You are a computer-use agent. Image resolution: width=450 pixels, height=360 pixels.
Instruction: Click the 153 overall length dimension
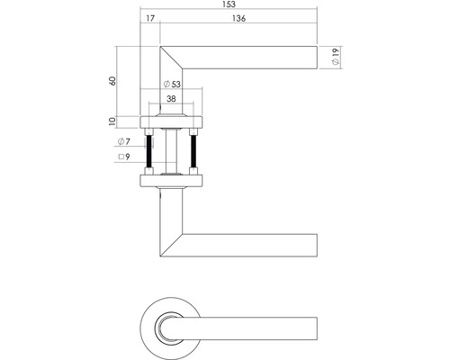229,4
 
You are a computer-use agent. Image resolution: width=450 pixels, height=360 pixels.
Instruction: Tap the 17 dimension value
150,19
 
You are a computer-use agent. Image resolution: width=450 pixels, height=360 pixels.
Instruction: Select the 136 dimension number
238,19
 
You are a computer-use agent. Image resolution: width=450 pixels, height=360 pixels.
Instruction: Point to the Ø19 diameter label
336,57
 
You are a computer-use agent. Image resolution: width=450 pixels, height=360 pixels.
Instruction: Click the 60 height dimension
112,81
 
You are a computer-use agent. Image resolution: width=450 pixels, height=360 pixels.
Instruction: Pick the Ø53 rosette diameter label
172,84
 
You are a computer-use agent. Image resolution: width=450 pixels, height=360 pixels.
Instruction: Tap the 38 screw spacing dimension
171,99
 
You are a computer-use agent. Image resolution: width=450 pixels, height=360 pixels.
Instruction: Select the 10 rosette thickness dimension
112,121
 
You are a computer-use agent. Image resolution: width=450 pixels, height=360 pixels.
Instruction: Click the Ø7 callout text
124,141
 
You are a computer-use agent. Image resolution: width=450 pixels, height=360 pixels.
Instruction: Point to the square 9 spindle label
124,157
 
